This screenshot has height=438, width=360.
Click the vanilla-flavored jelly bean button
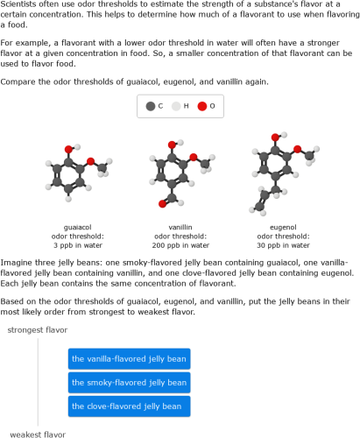tap(129, 358)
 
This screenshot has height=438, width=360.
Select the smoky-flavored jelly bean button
tap(129, 382)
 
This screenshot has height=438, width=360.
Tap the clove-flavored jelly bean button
tap(129, 406)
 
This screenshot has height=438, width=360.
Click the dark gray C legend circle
tap(151, 106)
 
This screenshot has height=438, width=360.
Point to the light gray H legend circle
tap(175, 106)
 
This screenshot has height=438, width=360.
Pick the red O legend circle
tap(201, 106)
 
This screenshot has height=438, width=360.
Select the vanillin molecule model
tap(180, 170)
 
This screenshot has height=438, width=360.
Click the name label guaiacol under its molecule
tap(78, 227)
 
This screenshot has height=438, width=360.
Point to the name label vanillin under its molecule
tap(180, 227)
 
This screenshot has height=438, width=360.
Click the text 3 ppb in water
tap(78, 245)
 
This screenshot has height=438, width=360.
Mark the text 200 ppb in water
tap(180, 245)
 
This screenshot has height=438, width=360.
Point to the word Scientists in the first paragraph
tap(22, 5)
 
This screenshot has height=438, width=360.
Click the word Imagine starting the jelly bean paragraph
tap(19, 262)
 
